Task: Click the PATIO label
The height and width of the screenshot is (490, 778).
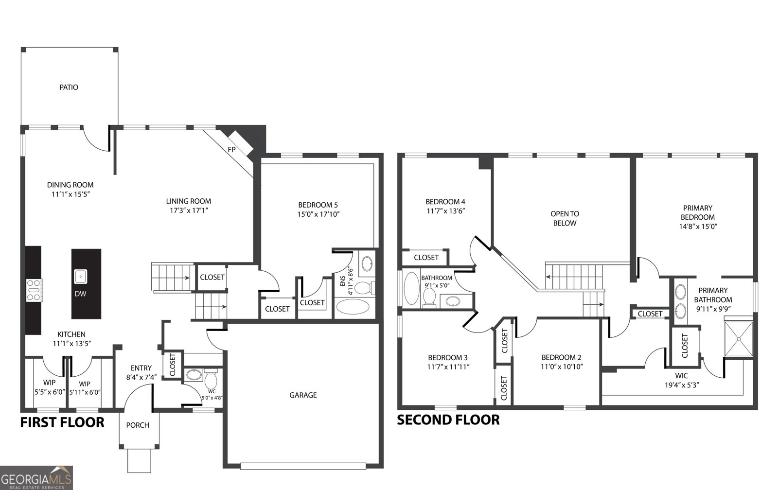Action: tap(69, 87)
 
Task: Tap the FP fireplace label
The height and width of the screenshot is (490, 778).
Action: tap(232, 150)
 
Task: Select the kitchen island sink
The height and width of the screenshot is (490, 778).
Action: tap(80, 277)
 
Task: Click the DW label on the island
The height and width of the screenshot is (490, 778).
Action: tap(80, 294)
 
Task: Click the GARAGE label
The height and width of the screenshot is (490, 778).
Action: tap(303, 395)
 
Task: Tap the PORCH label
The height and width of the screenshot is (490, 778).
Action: tap(138, 425)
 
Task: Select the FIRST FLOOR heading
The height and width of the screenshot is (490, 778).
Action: tap(62, 422)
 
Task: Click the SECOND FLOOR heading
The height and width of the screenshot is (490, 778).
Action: tap(448, 420)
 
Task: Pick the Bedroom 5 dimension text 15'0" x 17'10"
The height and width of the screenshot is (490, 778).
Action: tap(318, 214)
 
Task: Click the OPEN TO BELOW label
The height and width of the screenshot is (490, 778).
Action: tap(564, 218)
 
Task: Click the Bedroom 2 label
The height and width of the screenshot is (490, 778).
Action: tap(562, 357)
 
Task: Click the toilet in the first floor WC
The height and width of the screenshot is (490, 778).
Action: tap(211, 379)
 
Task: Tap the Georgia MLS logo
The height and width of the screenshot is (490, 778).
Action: tap(36, 477)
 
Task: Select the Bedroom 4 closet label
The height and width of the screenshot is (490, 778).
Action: tap(426, 258)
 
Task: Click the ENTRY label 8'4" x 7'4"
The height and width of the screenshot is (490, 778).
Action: tap(141, 372)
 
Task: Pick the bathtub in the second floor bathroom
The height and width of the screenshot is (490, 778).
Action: tap(411, 288)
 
